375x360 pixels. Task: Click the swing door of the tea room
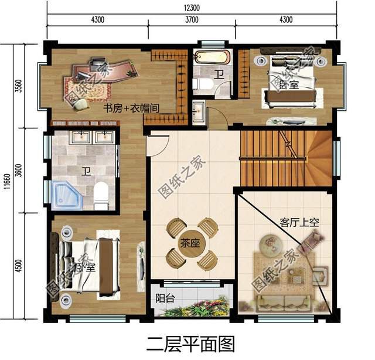pyautogui.click(x=154, y=144)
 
